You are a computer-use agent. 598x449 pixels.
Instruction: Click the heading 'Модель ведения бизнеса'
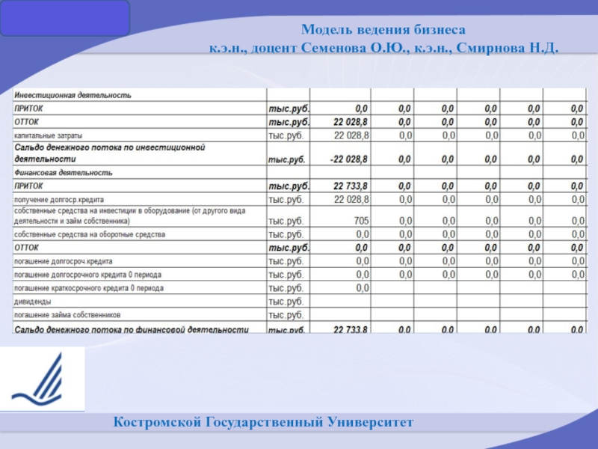383,31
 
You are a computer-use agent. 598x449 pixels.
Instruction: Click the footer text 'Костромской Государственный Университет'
263,424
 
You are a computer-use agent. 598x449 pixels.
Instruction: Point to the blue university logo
42,379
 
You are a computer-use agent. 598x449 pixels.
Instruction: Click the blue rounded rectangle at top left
65,19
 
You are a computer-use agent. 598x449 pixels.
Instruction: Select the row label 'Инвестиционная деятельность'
73,95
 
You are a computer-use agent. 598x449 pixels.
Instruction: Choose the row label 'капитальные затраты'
49,135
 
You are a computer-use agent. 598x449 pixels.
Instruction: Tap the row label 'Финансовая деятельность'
64,173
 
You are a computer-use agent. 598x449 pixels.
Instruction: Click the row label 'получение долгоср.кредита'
59,200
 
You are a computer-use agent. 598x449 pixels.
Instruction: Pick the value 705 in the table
361,221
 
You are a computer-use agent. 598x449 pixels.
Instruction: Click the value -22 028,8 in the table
349,159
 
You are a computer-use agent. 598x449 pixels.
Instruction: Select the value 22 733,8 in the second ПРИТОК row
351,186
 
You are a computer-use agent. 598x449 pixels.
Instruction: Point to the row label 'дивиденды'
33,302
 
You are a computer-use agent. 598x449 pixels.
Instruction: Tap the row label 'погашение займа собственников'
67,315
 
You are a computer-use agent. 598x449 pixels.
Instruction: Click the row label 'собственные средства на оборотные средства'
90,234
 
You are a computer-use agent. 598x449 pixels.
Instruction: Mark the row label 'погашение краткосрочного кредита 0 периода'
89,288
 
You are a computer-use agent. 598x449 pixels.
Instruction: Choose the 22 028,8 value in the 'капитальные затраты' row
351,135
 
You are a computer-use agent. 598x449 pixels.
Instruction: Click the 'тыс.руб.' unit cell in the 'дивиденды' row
286,302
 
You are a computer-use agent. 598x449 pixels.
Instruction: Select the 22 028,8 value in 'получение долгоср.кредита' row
351,200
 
